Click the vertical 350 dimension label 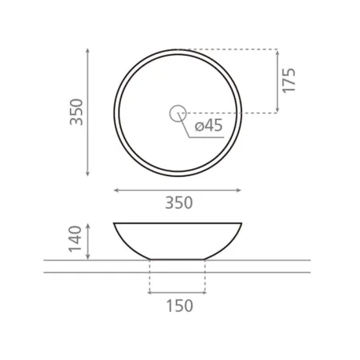click(x=76, y=112)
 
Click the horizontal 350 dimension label click(x=179, y=203)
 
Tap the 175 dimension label click(x=288, y=80)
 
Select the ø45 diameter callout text click(x=209, y=125)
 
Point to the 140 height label click(x=75, y=239)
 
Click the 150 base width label click(x=180, y=306)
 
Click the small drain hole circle click(x=178, y=113)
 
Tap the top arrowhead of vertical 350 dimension click(x=88, y=50)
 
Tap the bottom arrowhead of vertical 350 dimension click(x=88, y=174)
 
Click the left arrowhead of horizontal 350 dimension click(x=116, y=190)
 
